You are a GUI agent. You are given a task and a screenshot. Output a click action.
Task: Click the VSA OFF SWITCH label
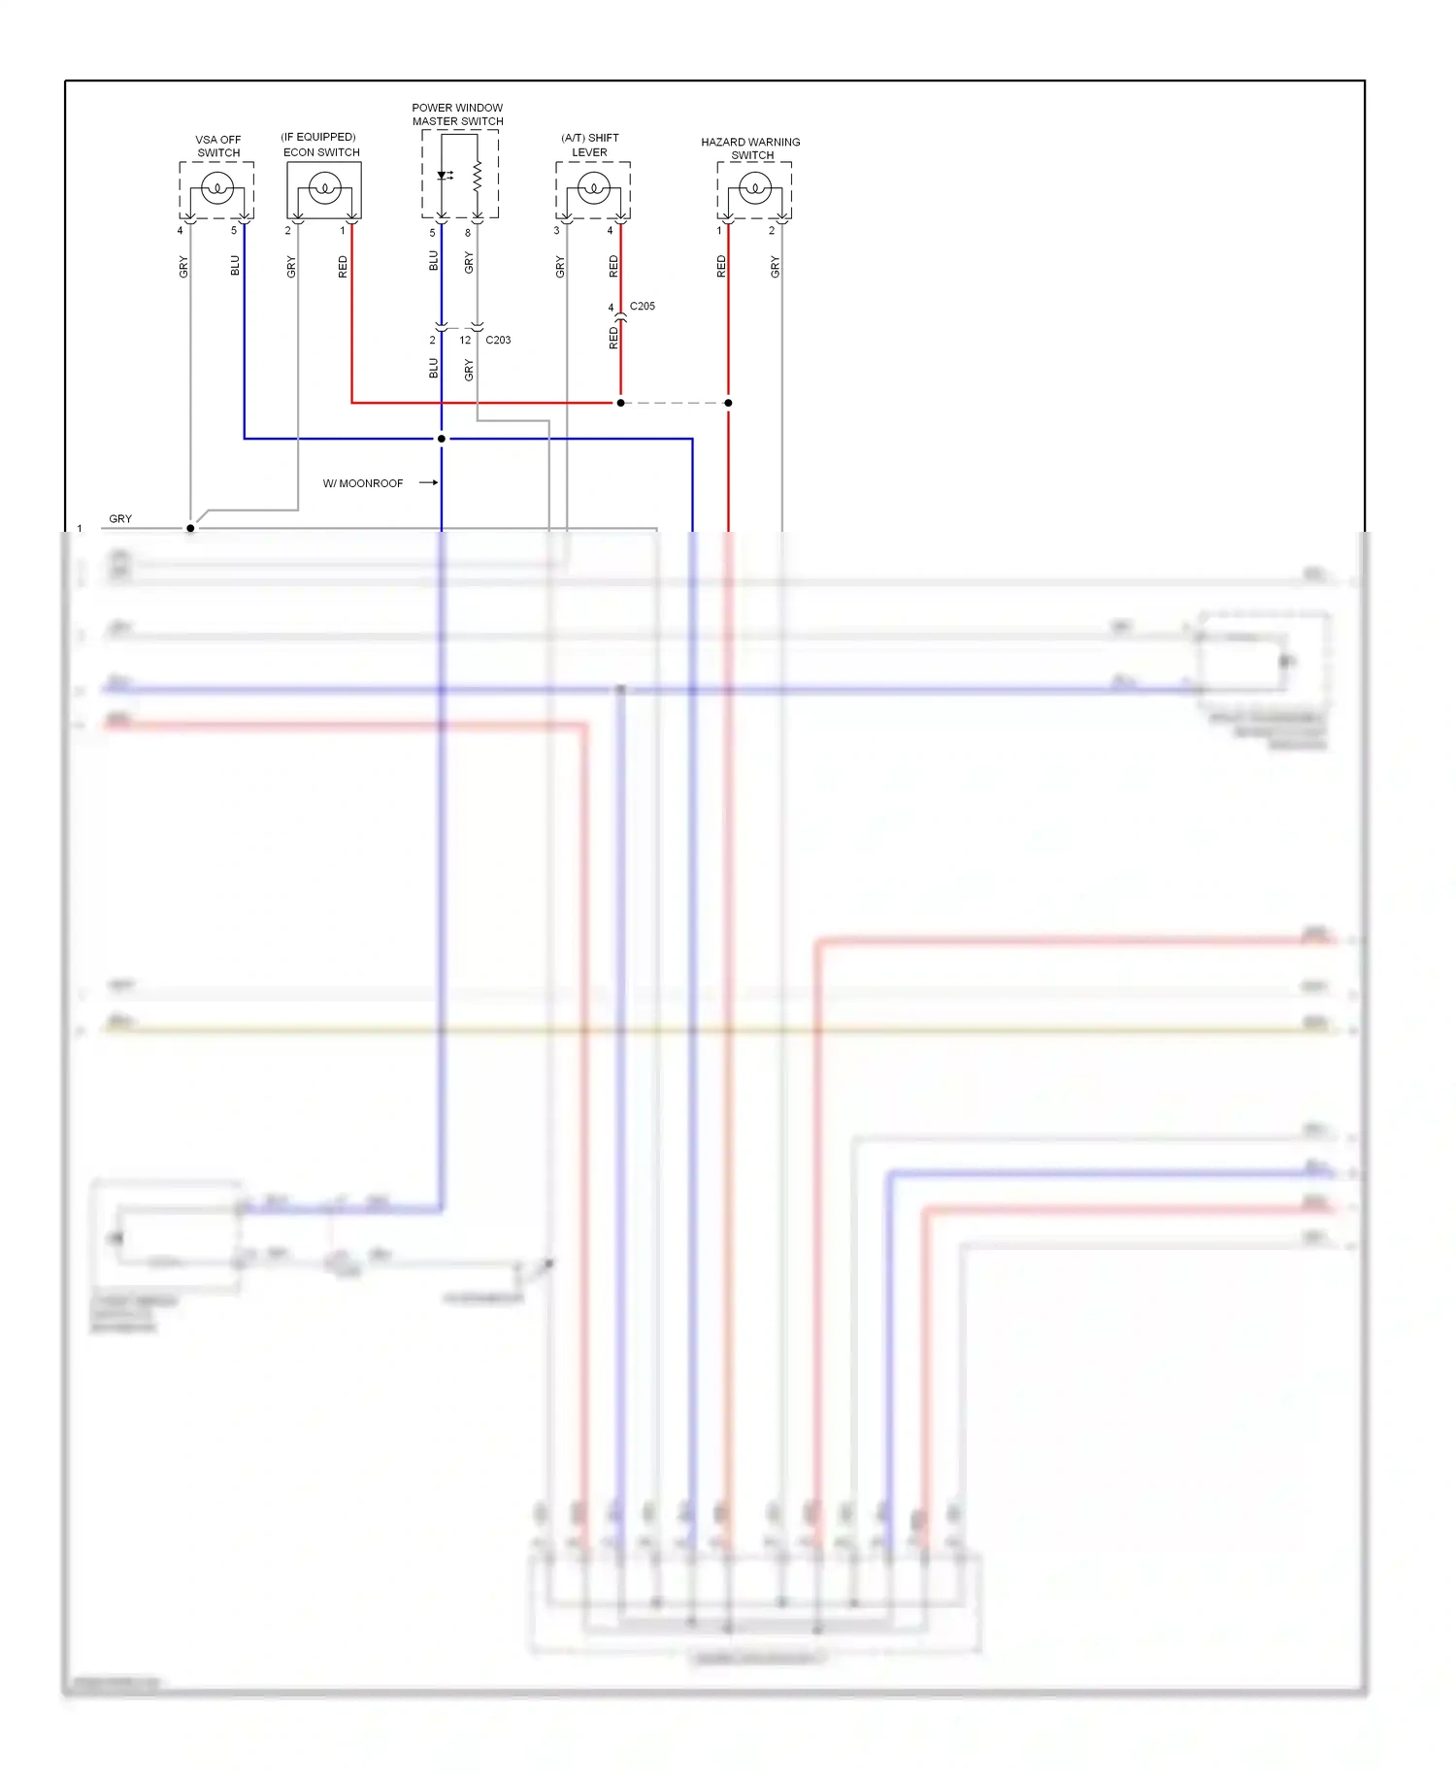pos(218,147)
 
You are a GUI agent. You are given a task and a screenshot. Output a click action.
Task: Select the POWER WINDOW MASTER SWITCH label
pos(457,115)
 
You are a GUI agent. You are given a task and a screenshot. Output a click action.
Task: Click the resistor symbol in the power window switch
pos(477,177)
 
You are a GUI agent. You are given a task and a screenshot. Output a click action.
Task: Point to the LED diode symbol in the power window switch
pos(444,176)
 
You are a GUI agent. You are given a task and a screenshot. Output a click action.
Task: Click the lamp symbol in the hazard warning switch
pos(754,187)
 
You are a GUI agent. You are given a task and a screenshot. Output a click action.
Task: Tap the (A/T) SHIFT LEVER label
pos(589,146)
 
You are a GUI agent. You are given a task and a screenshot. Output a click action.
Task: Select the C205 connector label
pos(642,307)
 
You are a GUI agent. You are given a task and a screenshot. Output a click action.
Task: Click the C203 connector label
pos(498,341)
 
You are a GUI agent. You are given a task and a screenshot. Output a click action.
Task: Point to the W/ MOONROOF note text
pos(363,483)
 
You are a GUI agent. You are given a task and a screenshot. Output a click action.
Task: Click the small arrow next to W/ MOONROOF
pos(428,482)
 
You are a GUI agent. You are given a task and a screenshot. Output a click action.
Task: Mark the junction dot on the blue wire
pos(442,439)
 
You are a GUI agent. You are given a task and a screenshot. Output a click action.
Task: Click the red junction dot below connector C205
pos(620,403)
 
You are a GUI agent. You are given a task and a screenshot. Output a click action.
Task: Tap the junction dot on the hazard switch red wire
pos(728,403)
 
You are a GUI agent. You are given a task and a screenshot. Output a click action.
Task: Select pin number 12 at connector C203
pos(465,341)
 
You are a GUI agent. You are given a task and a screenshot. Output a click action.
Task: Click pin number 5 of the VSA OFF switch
pos(234,231)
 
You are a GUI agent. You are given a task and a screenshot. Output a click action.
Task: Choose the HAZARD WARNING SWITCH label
pos(750,148)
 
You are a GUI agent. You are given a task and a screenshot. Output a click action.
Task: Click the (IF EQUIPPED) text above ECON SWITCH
pos(318,137)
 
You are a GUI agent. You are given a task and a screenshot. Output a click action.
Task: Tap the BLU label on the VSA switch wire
pos(235,266)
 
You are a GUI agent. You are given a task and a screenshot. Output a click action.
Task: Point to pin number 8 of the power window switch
pos(468,233)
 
